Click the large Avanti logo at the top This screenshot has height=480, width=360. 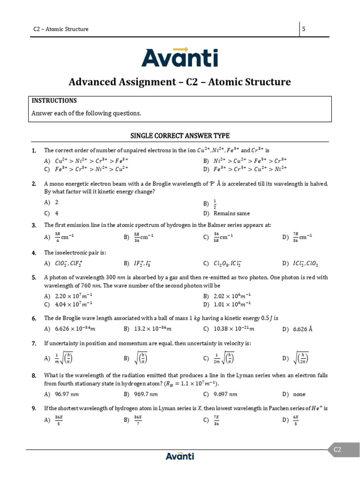pos(180,57)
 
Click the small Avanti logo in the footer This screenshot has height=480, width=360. pos(180,456)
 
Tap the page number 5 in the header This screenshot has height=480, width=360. pos(304,29)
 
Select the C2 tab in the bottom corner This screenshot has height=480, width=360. pos(337,450)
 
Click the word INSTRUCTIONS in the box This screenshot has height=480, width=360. pos(54,101)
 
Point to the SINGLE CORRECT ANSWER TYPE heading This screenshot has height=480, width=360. pos(180,136)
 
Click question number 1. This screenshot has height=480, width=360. pos(34,150)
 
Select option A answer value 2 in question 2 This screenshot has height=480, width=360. pos(56,202)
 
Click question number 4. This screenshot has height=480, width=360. pos(34,253)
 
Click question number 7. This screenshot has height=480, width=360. pos(34,344)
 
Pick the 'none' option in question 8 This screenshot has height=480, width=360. pos(299,394)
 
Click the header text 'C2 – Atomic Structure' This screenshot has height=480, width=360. pos(60,29)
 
